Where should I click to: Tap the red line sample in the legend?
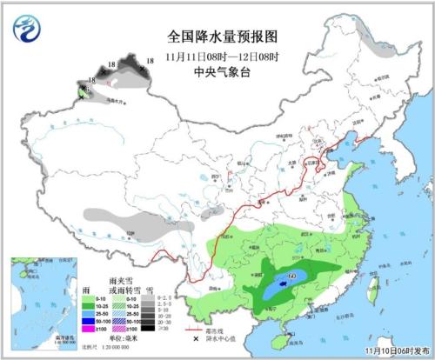pyautogui.click(x=195, y=330)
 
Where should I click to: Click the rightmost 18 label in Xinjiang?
pyautogui.click(x=150, y=60)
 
